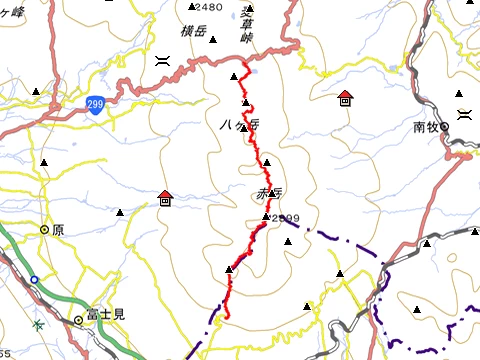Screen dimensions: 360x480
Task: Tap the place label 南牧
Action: (x=426, y=127)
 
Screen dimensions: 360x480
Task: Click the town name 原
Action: (x=58, y=229)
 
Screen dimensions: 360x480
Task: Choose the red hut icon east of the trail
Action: (x=345, y=98)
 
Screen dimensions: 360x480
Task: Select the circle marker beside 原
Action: (x=45, y=229)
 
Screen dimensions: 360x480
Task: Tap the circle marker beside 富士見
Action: (x=78, y=321)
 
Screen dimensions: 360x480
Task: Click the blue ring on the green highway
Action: (x=34, y=280)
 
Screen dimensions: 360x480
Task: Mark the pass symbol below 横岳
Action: (x=161, y=60)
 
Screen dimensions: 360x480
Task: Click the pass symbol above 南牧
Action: (x=463, y=115)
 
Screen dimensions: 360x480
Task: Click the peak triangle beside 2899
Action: (x=266, y=217)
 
